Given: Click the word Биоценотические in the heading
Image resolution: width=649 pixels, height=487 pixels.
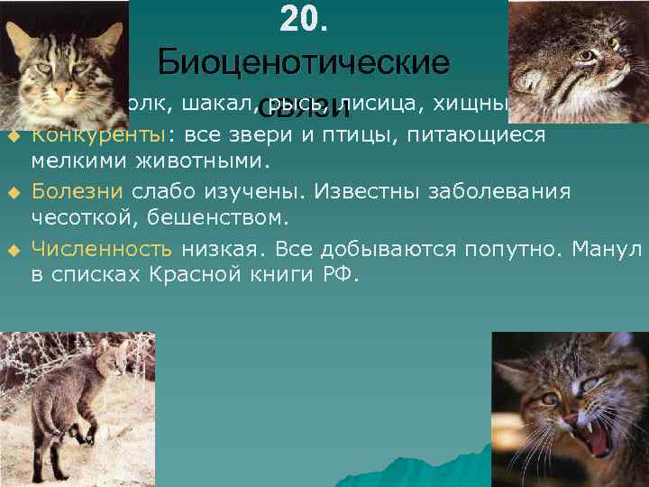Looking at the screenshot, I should coord(303,62).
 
